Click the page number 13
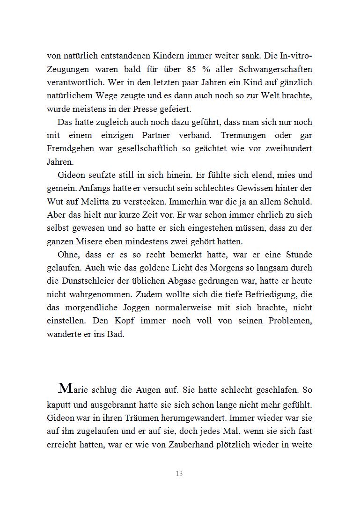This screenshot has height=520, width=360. [179, 474]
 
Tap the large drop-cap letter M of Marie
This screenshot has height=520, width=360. [66, 388]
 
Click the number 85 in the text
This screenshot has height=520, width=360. [191, 69]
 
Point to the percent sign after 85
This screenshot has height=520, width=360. [206, 69]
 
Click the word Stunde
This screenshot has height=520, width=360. [298, 255]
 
